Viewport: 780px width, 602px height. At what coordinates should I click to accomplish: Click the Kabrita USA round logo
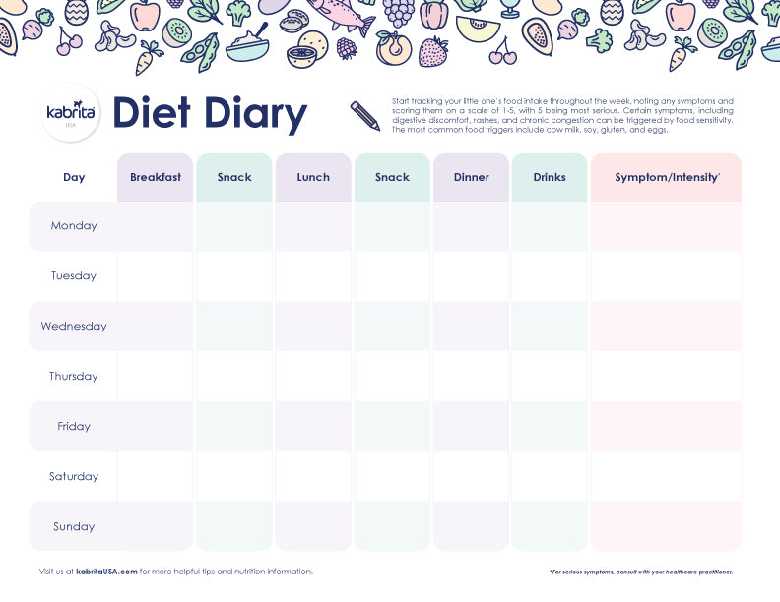[x=71, y=114]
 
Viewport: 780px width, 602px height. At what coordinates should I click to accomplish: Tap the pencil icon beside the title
[x=365, y=116]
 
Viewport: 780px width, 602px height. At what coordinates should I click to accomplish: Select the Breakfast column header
[x=156, y=178]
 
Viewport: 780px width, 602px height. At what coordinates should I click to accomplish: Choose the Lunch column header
[x=313, y=178]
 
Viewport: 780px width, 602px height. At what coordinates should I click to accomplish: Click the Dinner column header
[x=471, y=178]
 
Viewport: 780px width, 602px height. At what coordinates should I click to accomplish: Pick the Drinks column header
[x=550, y=178]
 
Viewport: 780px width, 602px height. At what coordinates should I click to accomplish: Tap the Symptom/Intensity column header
[x=666, y=178]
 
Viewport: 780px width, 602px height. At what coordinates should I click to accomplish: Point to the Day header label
[x=74, y=178]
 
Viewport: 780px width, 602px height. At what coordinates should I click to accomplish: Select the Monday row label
[x=74, y=226]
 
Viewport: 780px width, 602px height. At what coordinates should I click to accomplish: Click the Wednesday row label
[x=74, y=327]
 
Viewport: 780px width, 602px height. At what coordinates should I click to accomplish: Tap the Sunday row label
[x=74, y=527]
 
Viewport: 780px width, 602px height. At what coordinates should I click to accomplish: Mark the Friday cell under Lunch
[x=313, y=427]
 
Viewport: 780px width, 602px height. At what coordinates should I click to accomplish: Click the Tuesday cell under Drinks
[x=550, y=276]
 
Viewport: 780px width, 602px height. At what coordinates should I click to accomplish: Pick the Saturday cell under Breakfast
[x=156, y=477]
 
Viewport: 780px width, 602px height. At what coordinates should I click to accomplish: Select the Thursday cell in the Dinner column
[x=471, y=377]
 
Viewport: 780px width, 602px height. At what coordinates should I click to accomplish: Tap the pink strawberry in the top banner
[x=432, y=51]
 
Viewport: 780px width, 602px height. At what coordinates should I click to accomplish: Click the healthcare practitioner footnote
[x=641, y=572]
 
